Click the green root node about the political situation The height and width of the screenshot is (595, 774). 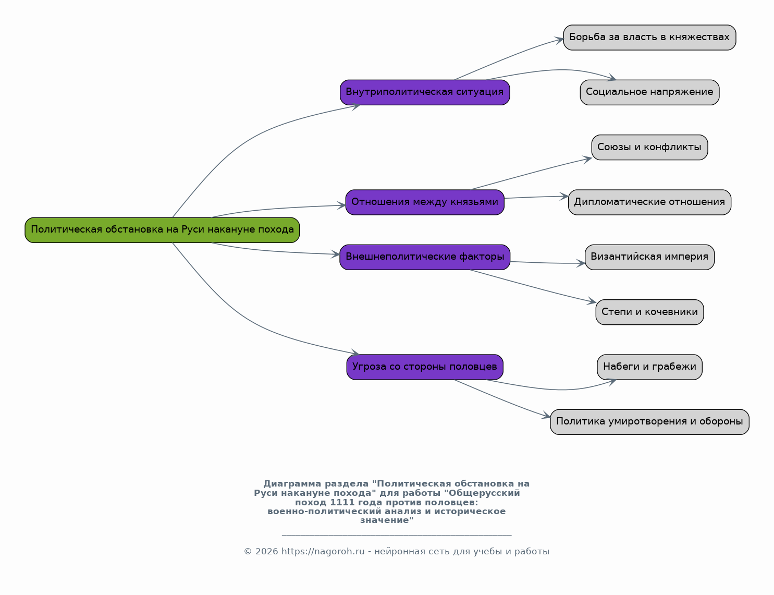click(x=162, y=230)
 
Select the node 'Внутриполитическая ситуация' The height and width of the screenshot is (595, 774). click(x=425, y=92)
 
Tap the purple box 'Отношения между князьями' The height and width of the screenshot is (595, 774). click(x=425, y=202)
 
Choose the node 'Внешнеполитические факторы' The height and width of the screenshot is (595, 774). click(x=425, y=257)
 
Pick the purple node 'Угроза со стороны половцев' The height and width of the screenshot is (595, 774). click(x=425, y=367)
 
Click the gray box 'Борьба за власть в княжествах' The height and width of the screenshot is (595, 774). click(x=649, y=38)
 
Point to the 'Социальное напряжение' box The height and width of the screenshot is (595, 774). click(x=649, y=92)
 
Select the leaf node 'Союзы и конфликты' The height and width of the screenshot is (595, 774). click(x=649, y=148)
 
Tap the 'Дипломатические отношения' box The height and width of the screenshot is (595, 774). click(x=649, y=202)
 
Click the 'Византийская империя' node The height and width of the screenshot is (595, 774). click(x=649, y=257)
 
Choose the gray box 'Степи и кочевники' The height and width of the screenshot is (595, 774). click(x=649, y=312)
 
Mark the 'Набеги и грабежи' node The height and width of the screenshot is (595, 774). click(x=649, y=367)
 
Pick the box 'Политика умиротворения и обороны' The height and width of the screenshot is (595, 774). click(x=649, y=422)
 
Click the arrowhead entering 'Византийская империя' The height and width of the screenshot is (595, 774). click(x=581, y=263)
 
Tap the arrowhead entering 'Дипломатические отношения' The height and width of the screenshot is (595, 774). click(x=564, y=196)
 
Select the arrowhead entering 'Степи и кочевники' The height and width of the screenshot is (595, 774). click(x=592, y=301)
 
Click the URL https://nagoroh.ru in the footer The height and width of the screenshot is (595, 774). click(x=323, y=552)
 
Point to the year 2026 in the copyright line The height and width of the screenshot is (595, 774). click(x=267, y=552)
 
